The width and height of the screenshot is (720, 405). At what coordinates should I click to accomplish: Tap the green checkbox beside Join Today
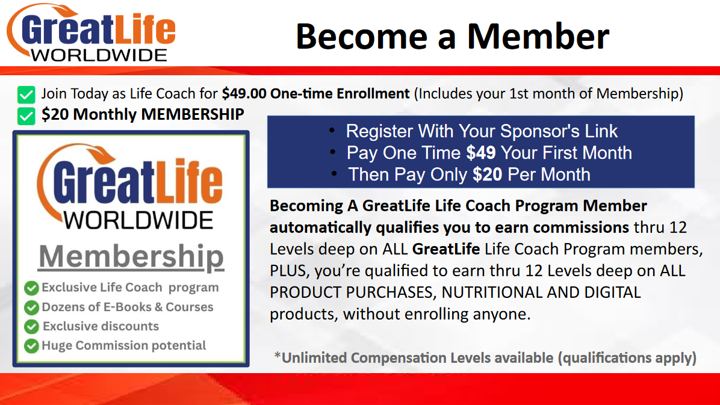pos(26,94)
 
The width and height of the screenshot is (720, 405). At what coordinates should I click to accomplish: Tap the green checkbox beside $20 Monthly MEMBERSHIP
pos(26,116)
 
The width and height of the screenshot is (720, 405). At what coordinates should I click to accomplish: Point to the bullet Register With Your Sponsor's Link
pos(482,131)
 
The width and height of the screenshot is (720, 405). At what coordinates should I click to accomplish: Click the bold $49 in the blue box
pos(481,153)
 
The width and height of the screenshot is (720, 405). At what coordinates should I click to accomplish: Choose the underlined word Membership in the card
pos(131,256)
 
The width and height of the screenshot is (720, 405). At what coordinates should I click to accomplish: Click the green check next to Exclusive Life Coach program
pos(31,288)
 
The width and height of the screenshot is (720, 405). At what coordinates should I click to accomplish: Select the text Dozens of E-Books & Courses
pos(128,307)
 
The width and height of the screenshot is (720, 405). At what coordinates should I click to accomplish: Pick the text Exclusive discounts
pos(101,326)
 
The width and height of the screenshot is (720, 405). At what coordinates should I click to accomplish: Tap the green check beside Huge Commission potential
pos(31,346)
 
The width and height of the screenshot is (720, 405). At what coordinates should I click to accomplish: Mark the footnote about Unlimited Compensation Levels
pos(485,358)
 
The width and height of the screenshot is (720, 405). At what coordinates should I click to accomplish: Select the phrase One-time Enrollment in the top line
pos(340,94)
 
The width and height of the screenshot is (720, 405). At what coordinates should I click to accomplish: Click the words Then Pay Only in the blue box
pos(408,175)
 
